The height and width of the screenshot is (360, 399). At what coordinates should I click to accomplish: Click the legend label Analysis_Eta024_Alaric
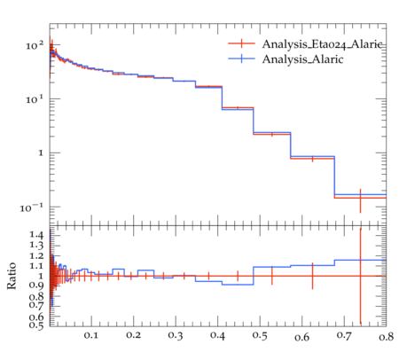pyautogui.click(x=324, y=44)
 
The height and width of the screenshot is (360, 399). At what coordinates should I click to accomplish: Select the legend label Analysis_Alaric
pyautogui.click(x=302, y=59)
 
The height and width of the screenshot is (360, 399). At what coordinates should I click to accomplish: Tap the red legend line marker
pyautogui.click(x=241, y=43)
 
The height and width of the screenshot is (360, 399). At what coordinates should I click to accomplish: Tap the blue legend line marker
pyautogui.click(x=241, y=59)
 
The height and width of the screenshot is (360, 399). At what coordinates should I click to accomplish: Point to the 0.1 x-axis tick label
pyautogui.click(x=91, y=335)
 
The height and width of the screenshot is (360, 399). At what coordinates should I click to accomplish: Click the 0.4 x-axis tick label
pyautogui.click(x=217, y=335)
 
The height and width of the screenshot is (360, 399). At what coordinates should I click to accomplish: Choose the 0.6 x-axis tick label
pyautogui.click(x=302, y=336)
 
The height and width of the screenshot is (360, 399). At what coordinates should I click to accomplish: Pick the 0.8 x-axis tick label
pyautogui.click(x=386, y=336)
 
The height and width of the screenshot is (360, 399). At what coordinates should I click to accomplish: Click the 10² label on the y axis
pyautogui.click(x=35, y=45)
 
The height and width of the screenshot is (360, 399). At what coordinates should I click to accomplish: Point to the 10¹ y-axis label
pyautogui.click(x=35, y=99)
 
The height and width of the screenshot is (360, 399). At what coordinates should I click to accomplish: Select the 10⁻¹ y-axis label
pyautogui.click(x=32, y=207)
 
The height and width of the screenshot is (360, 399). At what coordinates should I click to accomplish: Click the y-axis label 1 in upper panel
pyautogui.click(x=41, y=153)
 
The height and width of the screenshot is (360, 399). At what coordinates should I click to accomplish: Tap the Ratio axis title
pyautogui.click(x=12, y=276)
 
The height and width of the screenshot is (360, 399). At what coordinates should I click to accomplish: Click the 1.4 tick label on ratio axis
pyautogui.click(x=36, y=235)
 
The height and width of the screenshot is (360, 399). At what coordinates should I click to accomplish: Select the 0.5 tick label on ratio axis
pyautogui.click(x=36, y=325)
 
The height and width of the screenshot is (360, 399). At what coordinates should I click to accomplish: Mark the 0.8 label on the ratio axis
pyautogui.click(x=36, y=296)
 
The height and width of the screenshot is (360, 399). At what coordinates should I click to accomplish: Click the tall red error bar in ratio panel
pyautogui.click(x=360, y=276)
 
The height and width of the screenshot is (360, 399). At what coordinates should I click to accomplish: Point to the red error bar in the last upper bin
pyautogui.click(x=360, y=200)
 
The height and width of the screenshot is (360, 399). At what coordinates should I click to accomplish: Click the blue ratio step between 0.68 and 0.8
pyautogui.click(x=360, y=260)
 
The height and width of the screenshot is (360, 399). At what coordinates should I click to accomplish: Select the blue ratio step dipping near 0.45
pyautogui.click(x=238, y=285)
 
